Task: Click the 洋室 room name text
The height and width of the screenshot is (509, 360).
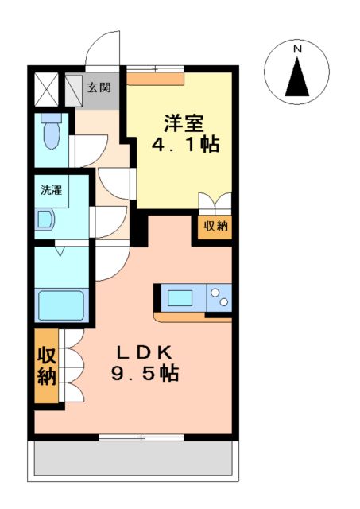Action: (x=184, y=123)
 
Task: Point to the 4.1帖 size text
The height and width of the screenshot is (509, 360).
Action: (x=185, y=146)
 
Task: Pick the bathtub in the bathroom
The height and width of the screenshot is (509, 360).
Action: (x=62, y=305)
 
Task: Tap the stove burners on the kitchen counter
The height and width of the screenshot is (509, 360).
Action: (x=219, y=299)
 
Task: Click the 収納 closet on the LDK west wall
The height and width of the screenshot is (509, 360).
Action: (x=46, y=365)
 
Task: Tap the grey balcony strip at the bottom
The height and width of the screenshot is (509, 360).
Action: (x=133, y=460)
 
